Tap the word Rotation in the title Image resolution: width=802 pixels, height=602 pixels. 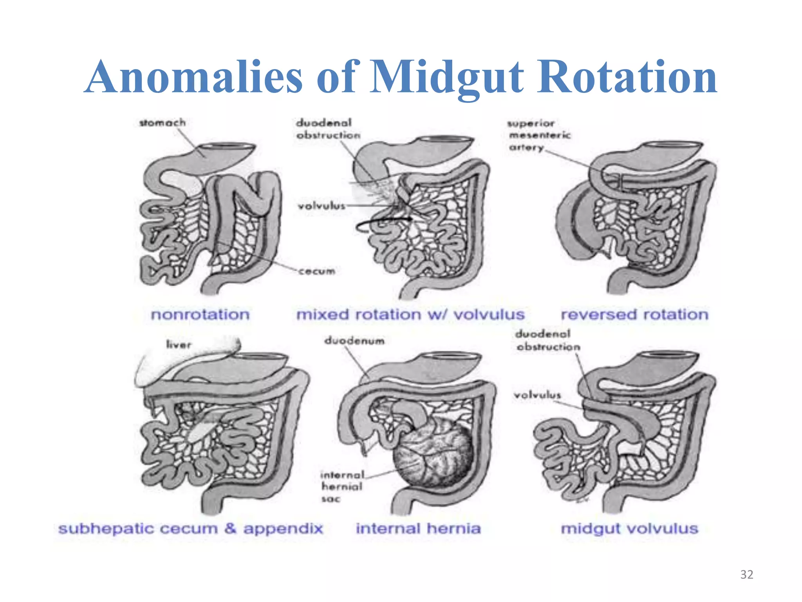[627, 77]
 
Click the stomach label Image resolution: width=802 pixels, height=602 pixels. [163, 123]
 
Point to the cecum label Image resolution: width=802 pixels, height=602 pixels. [317, 271]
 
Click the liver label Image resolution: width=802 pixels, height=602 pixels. [179, 345]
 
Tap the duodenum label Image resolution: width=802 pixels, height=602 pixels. [354, 341]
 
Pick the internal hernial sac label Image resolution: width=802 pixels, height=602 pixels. [342, 486]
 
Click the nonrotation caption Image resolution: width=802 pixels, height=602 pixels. [200, 314]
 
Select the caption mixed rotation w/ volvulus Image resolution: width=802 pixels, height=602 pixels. [410, 314]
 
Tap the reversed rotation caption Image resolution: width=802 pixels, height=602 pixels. [635, 314]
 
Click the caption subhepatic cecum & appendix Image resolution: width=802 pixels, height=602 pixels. [191, 528]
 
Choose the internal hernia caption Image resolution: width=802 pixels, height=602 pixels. [418, 528]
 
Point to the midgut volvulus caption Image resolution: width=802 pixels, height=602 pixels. [629, 528]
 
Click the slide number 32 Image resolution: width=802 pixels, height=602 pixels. [746, 575]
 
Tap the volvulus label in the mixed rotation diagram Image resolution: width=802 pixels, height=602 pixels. [322, 206]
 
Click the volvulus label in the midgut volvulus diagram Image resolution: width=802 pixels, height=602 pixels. [537, 395]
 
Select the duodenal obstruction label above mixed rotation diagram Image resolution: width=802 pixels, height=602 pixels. [328, 129]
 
